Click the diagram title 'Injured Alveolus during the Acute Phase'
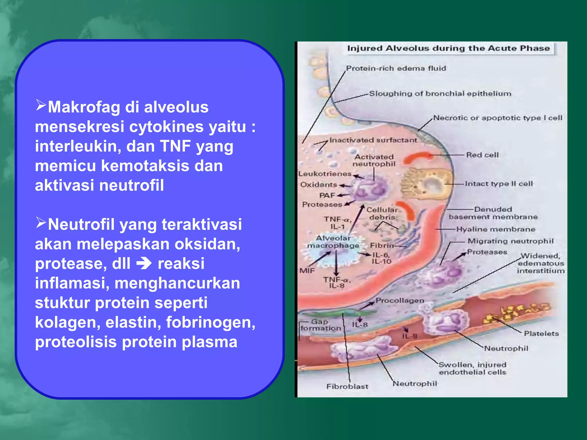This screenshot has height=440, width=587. coord(448,48)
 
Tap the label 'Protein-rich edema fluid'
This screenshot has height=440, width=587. coord(396,68)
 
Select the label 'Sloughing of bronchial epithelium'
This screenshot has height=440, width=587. coord(440,94)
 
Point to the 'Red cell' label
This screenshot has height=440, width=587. coord(482,155)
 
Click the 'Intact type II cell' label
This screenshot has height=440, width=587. coord(499,184)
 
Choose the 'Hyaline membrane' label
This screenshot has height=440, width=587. coord(496,229)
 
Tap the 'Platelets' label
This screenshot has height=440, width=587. coord(541,334)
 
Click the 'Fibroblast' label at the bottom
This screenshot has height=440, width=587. coord(347,386)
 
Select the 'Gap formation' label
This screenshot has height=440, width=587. coord(320,325)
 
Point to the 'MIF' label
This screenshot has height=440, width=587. coord(307,271)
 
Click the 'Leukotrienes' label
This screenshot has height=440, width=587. coord(325,174)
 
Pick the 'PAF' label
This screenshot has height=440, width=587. coord(327,195)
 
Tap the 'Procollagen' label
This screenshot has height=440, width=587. coord(400,300)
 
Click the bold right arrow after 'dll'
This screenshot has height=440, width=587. coord(144,264)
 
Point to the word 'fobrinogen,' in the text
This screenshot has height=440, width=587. coord(211,322)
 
